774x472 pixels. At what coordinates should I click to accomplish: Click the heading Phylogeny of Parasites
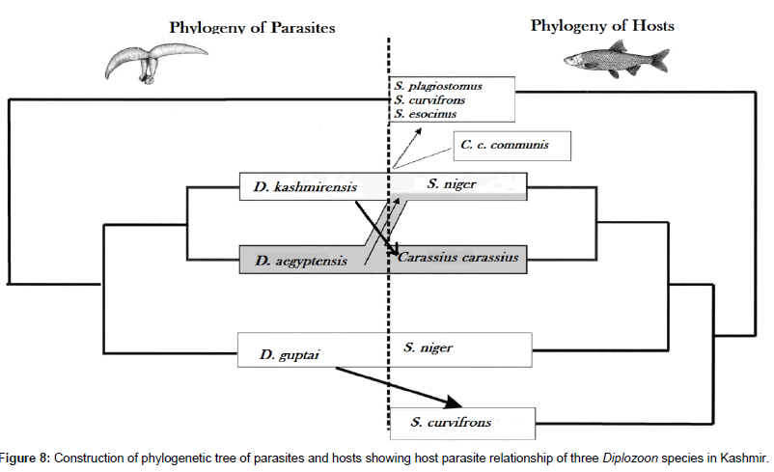pyautogui.click(x=252, y=27)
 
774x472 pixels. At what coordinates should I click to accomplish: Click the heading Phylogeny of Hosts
pyautogui.click(x=602, y=25)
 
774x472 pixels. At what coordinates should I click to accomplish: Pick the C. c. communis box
pyautogui.click(x=511, y=147)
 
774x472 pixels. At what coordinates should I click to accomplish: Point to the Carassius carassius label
pyautogui.click(x=458, y=258)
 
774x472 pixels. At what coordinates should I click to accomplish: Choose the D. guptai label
pyautogui.click(x=285, y=356)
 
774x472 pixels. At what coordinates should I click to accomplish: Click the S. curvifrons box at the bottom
pyautogui.click(x=460, y=422)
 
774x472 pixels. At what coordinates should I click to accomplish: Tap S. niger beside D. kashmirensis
pyautogui.click(x=452, y=183)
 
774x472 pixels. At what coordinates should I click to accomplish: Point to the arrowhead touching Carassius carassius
pyautogui.click(x=393, y=253)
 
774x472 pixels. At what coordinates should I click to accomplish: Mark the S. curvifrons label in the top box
pyautogui.click(x=430, y=99)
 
